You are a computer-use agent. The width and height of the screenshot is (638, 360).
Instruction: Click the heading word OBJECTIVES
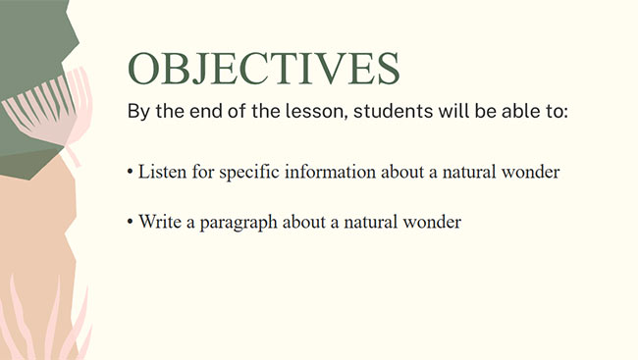tap(263, 68)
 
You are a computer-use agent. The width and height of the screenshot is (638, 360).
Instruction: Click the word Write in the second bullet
tap(159, 222)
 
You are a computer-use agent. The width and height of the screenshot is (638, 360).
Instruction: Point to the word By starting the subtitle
tap(138, 111)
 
